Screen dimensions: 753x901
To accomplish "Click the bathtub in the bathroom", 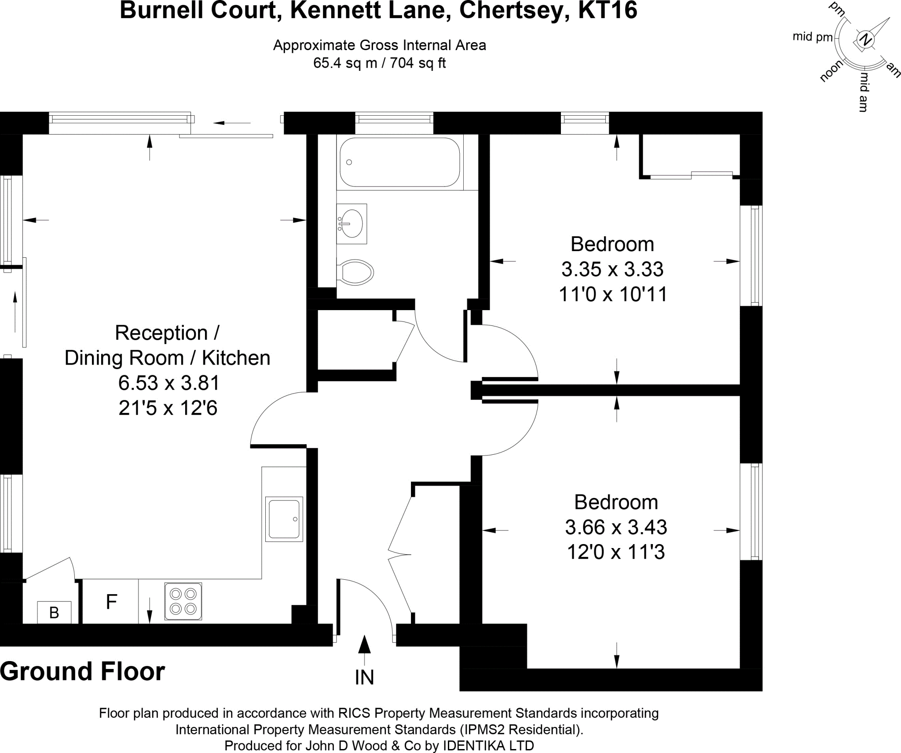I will point(399,162).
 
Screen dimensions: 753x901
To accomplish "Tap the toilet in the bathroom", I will point(356,272).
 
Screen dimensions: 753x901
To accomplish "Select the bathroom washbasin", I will point(352,223).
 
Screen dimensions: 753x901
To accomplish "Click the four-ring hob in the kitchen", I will point(183,601).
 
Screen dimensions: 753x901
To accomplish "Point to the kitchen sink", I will point(284,519).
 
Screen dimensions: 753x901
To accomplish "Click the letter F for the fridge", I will point(111,601).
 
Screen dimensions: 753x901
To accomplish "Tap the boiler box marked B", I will point(54,612).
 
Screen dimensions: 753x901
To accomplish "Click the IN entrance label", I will point(364,678).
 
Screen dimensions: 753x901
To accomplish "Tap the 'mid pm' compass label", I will point(812,37).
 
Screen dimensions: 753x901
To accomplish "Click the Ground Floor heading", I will point(83,672).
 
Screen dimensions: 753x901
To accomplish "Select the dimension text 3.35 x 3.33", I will point(612,269).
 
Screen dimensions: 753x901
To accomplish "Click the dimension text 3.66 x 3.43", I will point(615,527).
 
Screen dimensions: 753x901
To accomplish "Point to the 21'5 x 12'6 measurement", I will point(168,408).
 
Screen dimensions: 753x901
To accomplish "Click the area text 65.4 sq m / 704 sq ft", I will point(379,63).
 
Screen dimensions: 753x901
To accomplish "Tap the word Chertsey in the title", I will point(511,11).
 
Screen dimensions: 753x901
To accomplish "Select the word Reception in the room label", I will point(161,333).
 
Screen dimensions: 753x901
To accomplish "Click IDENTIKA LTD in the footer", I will point(488,746).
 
